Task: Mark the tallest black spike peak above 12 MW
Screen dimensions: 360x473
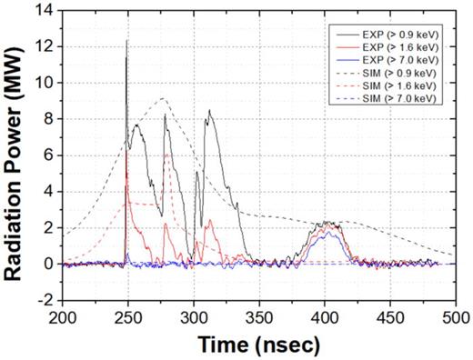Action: [126, 40]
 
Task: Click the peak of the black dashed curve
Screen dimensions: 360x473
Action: [161, 99]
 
